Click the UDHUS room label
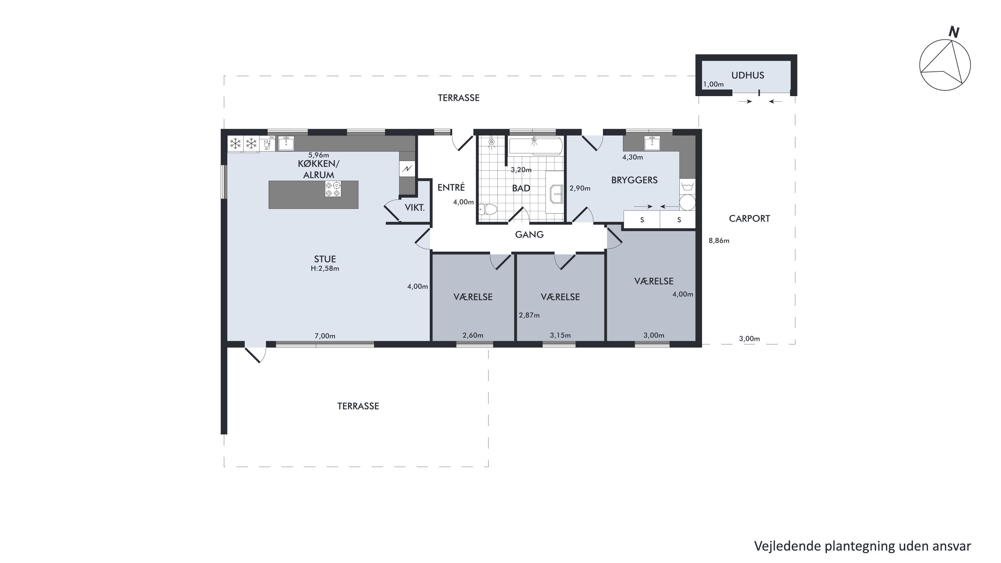coord(747,75)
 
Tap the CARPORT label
coord(749,219)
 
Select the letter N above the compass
coord(954,32)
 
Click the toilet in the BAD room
coord(488,210)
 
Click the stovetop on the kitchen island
coord(333,189)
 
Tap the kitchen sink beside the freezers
coord(286,144)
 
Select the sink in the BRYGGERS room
coord(652,144)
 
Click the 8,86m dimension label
coord(719,241)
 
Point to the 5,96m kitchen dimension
coord(318,156)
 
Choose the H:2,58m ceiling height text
coord(325,268)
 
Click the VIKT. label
coord(415,208)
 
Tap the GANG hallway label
coord(529,235)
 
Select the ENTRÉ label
coord(451,188)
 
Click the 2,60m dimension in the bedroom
coord(473,335)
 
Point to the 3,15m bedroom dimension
coord(560,335)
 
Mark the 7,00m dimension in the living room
coord(325,336)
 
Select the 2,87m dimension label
coord(529,315)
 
